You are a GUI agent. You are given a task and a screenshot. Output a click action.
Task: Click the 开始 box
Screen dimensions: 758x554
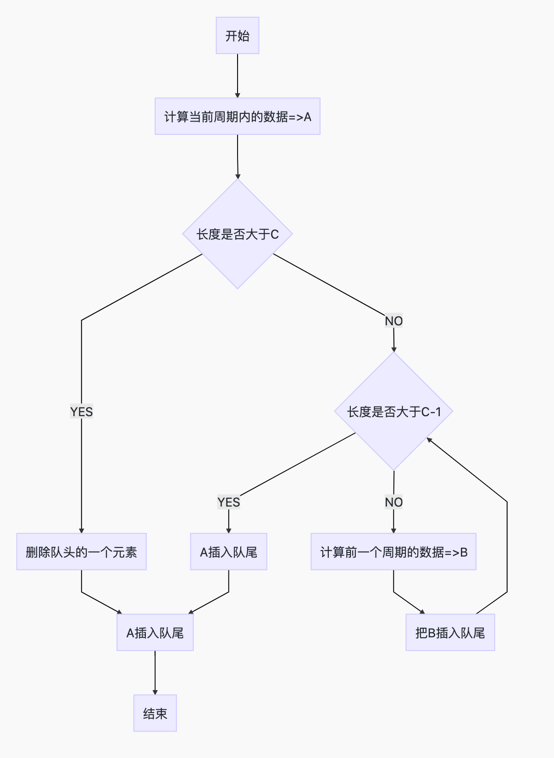[238, 36]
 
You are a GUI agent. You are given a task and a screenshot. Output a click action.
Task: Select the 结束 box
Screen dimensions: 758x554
[155, 713]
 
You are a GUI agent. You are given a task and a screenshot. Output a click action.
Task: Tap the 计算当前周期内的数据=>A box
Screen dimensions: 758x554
[238, 117]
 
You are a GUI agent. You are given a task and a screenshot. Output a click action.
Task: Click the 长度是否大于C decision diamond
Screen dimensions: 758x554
[238, 234]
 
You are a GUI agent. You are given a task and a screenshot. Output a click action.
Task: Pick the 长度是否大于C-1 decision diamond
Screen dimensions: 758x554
[393, 412]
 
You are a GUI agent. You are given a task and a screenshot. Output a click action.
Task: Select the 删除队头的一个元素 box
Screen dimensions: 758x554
[82, 552]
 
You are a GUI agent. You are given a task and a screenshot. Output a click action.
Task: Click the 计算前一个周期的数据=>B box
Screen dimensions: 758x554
[393, 552]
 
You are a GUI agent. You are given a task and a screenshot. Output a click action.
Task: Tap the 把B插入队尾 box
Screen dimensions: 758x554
[450, 633]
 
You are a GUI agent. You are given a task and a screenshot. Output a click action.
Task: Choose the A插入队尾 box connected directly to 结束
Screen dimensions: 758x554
[155, 633]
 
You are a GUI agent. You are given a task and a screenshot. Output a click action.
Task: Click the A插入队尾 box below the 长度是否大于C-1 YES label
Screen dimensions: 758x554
[228, 552]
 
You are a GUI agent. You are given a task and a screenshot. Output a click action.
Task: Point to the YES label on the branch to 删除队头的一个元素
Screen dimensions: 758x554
[82, 412]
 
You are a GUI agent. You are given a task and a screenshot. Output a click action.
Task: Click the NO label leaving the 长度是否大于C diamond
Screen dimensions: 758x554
[393, 321]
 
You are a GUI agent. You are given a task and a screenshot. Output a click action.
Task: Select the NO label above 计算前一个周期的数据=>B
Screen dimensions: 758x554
[393, 502]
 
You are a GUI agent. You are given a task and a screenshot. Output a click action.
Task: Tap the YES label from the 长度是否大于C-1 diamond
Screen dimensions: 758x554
[228, 502]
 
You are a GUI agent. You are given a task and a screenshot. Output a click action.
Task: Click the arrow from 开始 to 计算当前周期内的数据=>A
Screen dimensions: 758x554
[238, 76]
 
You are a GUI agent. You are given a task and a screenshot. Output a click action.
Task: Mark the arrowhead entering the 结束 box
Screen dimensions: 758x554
[155, 692]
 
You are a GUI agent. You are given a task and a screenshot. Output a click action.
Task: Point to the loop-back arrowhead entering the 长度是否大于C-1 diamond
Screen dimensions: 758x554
[429, 440]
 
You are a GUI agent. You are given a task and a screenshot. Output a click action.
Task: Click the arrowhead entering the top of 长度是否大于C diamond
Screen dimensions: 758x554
[238, 176]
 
